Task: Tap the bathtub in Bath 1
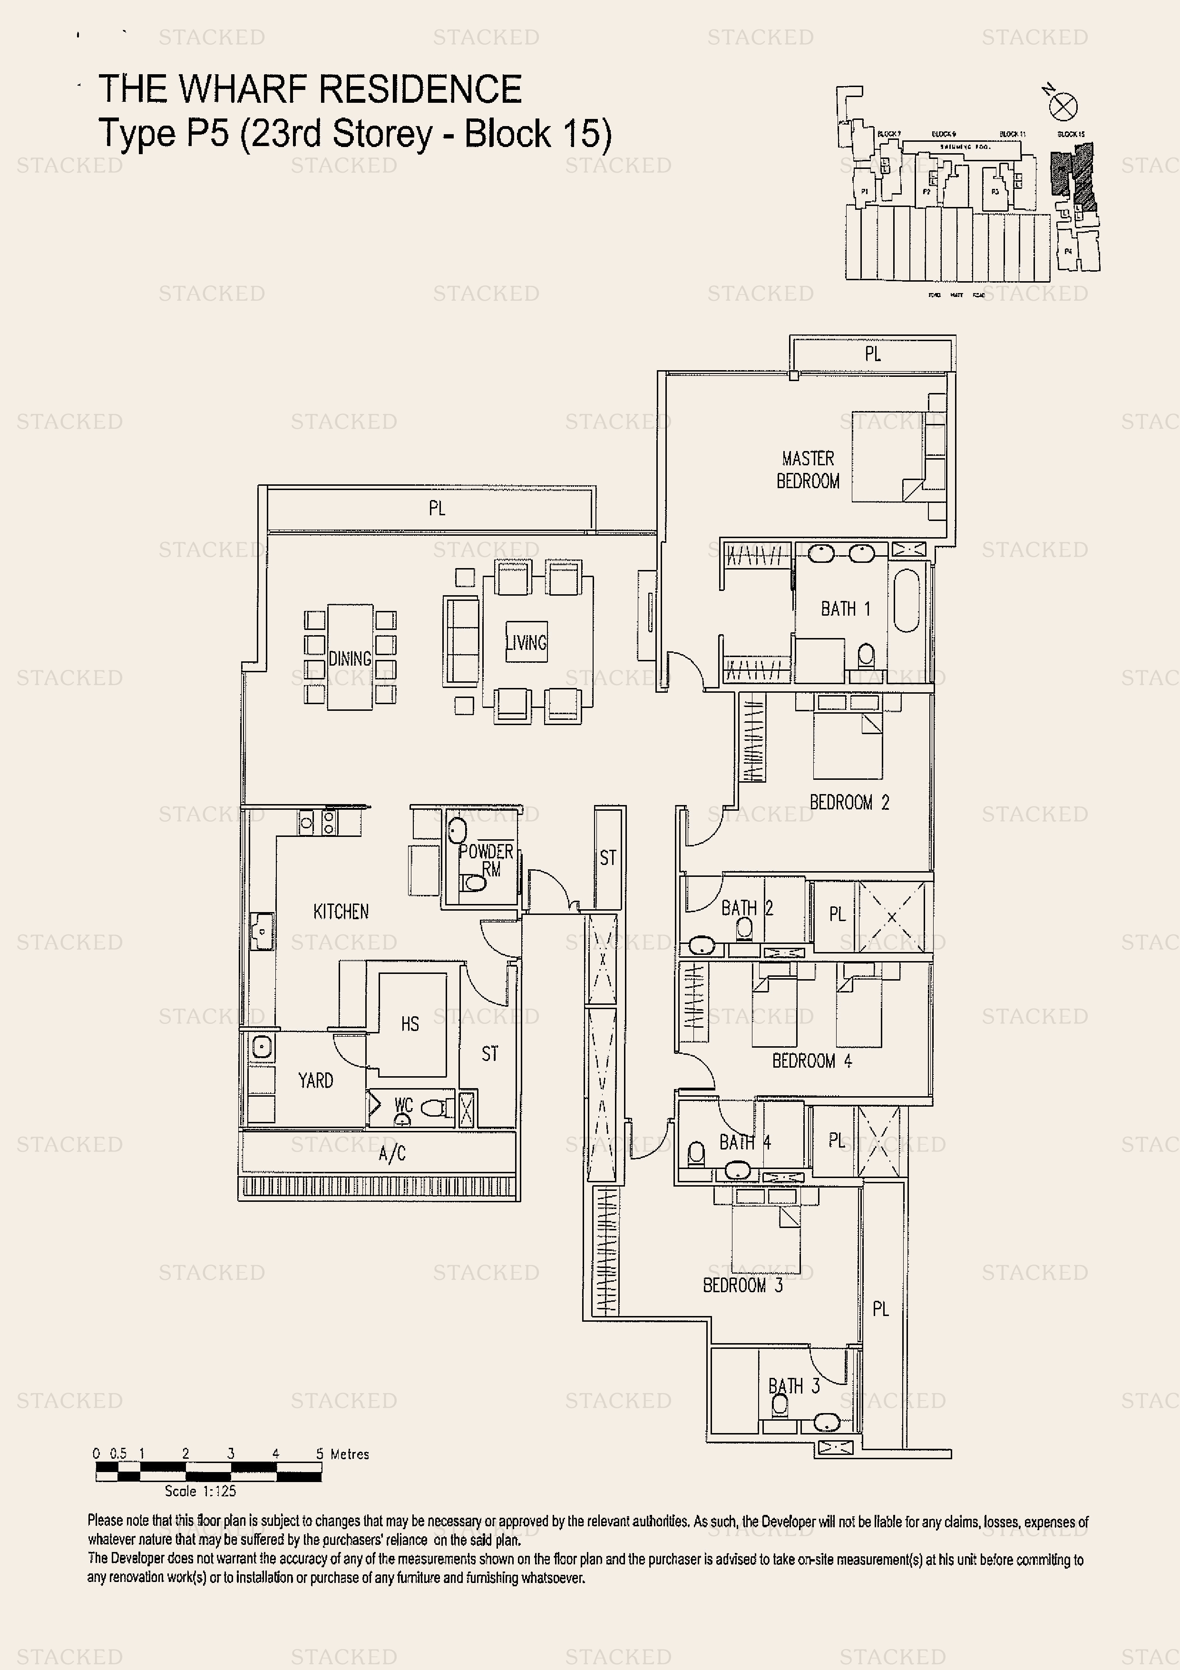click(x=907, y=601)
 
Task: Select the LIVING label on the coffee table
click(x=526, y=642)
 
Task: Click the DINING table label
click(x=350, y=658)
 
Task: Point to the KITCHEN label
click(x=340, y=912)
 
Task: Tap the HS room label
click(x=410, y=1024)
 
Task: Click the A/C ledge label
click(x=392, y=1153)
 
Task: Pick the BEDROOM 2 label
click(x=848, y=802)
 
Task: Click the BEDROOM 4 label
click(x=811, y=1061)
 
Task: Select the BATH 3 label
click(x=793, y=1385)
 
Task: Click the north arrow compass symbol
click(x=1063, y=108)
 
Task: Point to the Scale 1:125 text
click(x=200, y=1491)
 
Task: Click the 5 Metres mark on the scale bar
click(x=321, y=1454)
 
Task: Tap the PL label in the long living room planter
click(x=436, y=509)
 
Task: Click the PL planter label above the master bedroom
click(x=872, y=354)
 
